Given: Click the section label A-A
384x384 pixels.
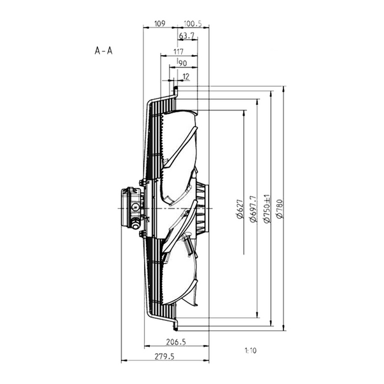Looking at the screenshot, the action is [x=103, y=51].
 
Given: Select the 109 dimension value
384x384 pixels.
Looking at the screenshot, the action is [x=159, y=24].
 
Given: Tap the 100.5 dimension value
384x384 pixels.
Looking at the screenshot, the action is [x=193, y=24].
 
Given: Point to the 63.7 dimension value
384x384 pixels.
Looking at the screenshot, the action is [x=187, y=36].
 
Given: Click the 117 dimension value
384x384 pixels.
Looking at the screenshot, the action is [x=179, y=52].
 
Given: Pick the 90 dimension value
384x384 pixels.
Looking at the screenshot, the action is [x=183, y=63].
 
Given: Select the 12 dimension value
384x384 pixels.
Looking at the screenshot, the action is [x=186, y=77].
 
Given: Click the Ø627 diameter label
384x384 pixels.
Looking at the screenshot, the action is [x=240, y=209].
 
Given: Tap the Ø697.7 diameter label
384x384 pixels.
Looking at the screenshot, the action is [x=253, y=209].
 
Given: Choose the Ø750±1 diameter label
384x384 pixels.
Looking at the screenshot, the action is [x=266, y=209].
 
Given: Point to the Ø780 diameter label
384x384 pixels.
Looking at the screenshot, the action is [x=280, y=209].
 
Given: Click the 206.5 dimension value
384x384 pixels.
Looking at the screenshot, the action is [x=176, y=342].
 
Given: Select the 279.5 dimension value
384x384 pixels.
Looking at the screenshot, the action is [x=164, y=356].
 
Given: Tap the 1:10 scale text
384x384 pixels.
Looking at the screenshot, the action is [x=250, y=351].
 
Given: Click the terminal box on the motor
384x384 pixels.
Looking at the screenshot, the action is [x=131, y=207].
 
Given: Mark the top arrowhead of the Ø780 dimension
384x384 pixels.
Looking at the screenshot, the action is [x=284, y=89].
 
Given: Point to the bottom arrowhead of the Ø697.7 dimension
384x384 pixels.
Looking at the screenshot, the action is [x=257, y=315].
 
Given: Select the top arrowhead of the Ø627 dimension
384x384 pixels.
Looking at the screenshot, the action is [x=244, y=113].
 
